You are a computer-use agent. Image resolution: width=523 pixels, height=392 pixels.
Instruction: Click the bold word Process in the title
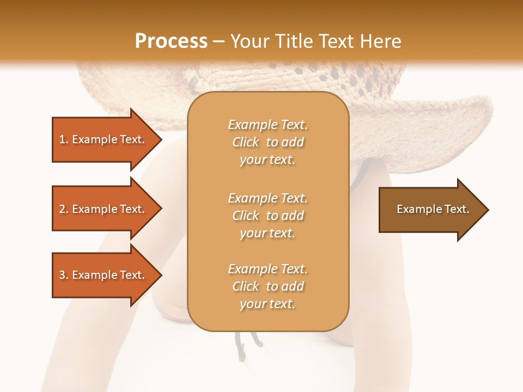[x=171, y=41]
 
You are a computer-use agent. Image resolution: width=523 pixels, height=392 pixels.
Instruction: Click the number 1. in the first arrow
[x=64, y=139]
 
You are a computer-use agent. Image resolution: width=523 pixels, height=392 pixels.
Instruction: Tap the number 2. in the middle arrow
[x=64, y=209]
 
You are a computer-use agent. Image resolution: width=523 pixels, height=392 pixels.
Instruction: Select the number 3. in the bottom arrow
[x=64, y=275]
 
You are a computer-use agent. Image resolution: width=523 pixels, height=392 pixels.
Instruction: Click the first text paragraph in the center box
[x=267, y=142]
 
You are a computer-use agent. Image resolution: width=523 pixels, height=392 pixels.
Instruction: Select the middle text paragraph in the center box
[x=267, y=216]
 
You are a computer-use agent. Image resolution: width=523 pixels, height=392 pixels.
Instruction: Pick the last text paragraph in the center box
[x=267, y=286]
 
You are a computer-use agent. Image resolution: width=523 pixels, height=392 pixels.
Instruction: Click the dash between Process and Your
[x=219, y=42]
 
